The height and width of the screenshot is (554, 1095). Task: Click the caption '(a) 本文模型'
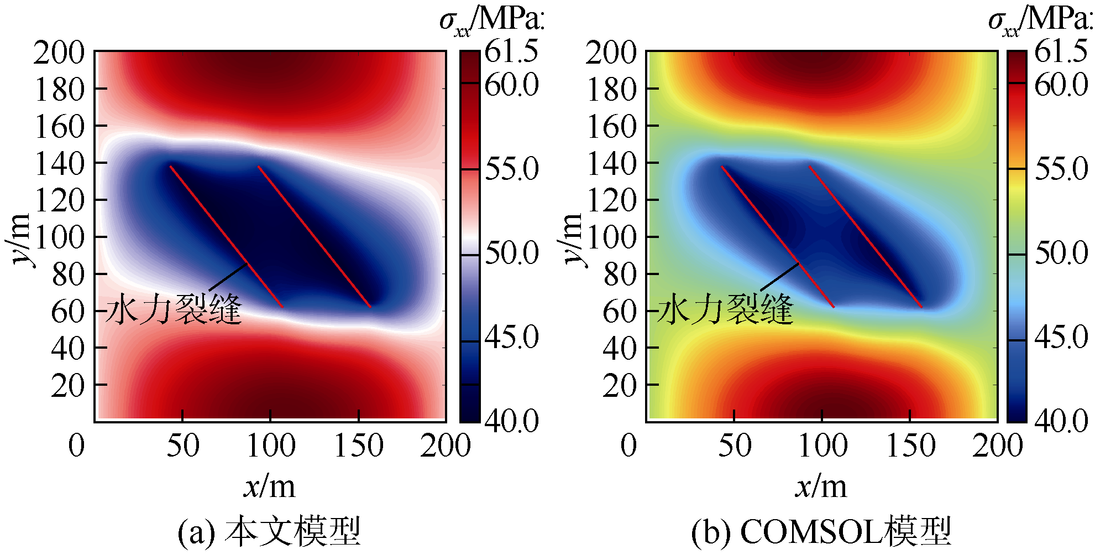pyautogui.click(x=269, y=532)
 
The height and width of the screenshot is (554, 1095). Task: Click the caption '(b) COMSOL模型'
pyautogui.click(x=821, y=532)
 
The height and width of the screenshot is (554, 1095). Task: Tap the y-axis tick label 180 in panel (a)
pyautogui.click(x=60, y=90)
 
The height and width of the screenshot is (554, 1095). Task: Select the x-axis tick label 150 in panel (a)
pyautogui.click(x=359, y=446)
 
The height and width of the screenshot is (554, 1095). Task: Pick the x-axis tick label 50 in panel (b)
pyautogui.click(x=735, y=446)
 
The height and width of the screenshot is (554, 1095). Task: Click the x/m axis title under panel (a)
pyautogui.click(x=269, y=487)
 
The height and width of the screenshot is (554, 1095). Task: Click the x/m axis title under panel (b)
pyautogui.click(x=821, y=487)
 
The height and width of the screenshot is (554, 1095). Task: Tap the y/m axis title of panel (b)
pyautogui.click(x=573, y=239)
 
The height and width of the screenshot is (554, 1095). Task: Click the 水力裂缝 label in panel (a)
pyautogui.click(x=174, y=309)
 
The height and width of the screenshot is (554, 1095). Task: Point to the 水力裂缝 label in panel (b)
pyautogui.click(x=725, y=309)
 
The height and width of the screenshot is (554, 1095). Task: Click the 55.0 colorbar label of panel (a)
pyautogui.click(x=512, y=169)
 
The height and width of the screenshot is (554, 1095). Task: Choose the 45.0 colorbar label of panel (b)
pyautogui.click(x=1061, y=337)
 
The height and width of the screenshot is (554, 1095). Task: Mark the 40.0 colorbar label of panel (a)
pyautogui.click(x=512, y=421)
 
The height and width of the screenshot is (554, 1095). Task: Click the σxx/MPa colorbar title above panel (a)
pyautogui.click(x=492, y=21)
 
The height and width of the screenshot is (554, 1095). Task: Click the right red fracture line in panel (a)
pyautogui.click(x=314, y=236)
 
